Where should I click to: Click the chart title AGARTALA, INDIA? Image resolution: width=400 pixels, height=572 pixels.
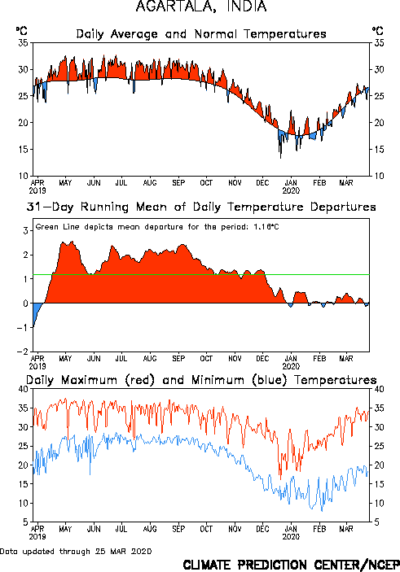coord(201,7)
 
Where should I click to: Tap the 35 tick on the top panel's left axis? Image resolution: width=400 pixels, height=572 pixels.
coord(24,43)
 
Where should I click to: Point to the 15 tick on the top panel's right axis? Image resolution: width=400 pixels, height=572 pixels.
coord(379,149)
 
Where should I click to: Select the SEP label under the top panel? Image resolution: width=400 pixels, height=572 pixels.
coord(178,182)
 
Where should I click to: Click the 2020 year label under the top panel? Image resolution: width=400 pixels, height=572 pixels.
coord(291,190)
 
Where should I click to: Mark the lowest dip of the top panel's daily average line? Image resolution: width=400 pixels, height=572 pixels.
coord(280,158)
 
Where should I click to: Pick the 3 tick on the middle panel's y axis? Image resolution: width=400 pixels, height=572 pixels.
coord(25,230)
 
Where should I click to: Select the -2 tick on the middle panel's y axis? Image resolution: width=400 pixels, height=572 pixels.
coord(23,351)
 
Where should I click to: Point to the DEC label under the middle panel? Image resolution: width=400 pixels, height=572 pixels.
coord(262,359)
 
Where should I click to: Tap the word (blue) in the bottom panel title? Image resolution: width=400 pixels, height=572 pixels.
coord(270,380)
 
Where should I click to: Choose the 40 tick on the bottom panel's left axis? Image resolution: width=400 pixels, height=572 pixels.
coord(24,389)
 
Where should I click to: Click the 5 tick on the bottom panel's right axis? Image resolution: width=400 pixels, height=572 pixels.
coord(376,522)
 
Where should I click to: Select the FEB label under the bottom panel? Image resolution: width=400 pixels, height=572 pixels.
coord(319,529)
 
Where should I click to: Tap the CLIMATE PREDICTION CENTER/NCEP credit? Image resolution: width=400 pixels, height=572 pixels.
coord(291,565)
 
